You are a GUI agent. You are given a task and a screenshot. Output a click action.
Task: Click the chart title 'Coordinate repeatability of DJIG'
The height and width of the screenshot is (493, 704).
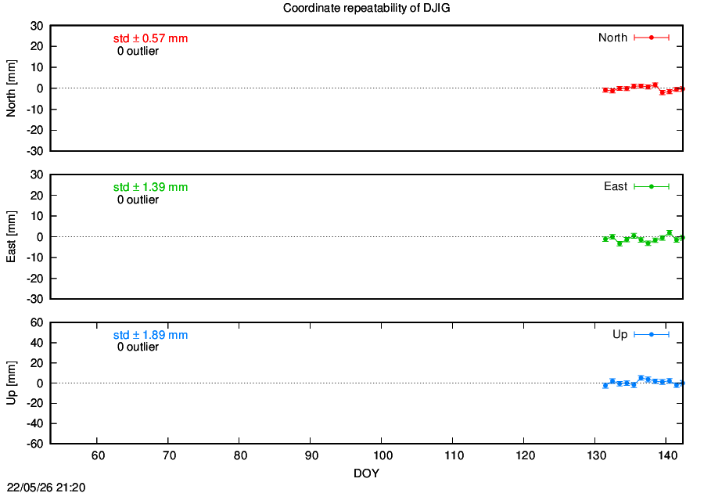point(366,8)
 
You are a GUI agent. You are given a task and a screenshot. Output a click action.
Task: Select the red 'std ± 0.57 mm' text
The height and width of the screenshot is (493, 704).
point(150,38)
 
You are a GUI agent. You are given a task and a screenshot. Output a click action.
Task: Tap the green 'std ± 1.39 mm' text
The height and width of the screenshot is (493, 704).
point(150,187)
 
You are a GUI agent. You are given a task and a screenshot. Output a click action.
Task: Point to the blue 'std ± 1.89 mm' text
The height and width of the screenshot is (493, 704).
point(150,335)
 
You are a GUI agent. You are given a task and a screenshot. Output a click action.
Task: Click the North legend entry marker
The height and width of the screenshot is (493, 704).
point(652,38)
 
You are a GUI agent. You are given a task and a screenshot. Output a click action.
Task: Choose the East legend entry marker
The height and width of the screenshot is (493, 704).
point(652,186)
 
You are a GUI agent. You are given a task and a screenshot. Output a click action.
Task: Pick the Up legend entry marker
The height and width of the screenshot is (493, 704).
point(652,334)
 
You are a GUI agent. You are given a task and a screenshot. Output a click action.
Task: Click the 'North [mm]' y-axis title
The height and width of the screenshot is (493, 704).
point(11,88)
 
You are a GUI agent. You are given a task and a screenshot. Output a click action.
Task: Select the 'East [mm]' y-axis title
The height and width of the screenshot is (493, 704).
point(11,236)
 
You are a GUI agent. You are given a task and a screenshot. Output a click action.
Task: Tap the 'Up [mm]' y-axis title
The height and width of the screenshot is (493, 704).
point(11,383)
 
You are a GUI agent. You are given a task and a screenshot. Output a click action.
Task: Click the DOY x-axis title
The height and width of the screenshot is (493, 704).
point(366,473)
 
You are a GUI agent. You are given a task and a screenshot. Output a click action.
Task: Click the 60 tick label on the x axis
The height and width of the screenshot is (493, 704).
point(98,455)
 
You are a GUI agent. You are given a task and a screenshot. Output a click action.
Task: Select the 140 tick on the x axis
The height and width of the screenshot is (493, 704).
point(668,455)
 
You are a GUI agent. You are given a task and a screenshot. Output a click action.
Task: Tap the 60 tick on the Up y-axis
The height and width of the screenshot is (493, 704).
point(37,322)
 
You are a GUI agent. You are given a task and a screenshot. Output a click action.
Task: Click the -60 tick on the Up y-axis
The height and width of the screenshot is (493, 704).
point(34,444)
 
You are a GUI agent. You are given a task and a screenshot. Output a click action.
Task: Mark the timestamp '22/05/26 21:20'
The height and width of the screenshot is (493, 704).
point(46,488)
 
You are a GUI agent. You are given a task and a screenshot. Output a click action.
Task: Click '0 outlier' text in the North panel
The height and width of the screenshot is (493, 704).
point(138,51)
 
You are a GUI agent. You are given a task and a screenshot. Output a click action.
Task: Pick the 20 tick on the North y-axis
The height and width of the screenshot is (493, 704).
point(37,46)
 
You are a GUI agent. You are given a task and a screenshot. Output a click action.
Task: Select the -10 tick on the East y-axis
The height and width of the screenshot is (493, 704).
point(34,257)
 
